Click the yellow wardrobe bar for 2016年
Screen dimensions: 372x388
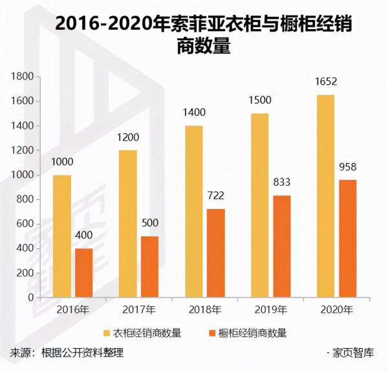[62, 236]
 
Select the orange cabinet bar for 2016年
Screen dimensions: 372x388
[84, 273]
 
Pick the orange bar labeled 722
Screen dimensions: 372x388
[215, 253]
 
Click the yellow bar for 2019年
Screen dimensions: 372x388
[260, 205]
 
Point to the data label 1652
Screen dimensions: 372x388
[325, 82]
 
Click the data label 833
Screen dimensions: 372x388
[282, 184]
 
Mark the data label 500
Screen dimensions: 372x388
[151, 224]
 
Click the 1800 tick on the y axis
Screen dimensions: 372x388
[23, 77]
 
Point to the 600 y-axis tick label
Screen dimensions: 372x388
[25, 224]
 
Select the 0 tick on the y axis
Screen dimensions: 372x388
[31, 298]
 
